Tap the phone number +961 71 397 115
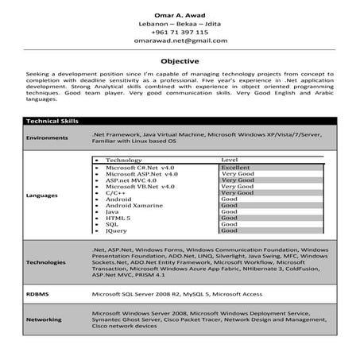tap(180, 32)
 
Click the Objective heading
tap(180, 60)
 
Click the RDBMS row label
tap(37, 293)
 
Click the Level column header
tap(229, 161)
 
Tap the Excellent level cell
tap(235, 168)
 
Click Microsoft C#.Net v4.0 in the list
tap(140, 168)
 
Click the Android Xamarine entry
tap(134, 205)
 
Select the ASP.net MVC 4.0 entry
tap(131, 180)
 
